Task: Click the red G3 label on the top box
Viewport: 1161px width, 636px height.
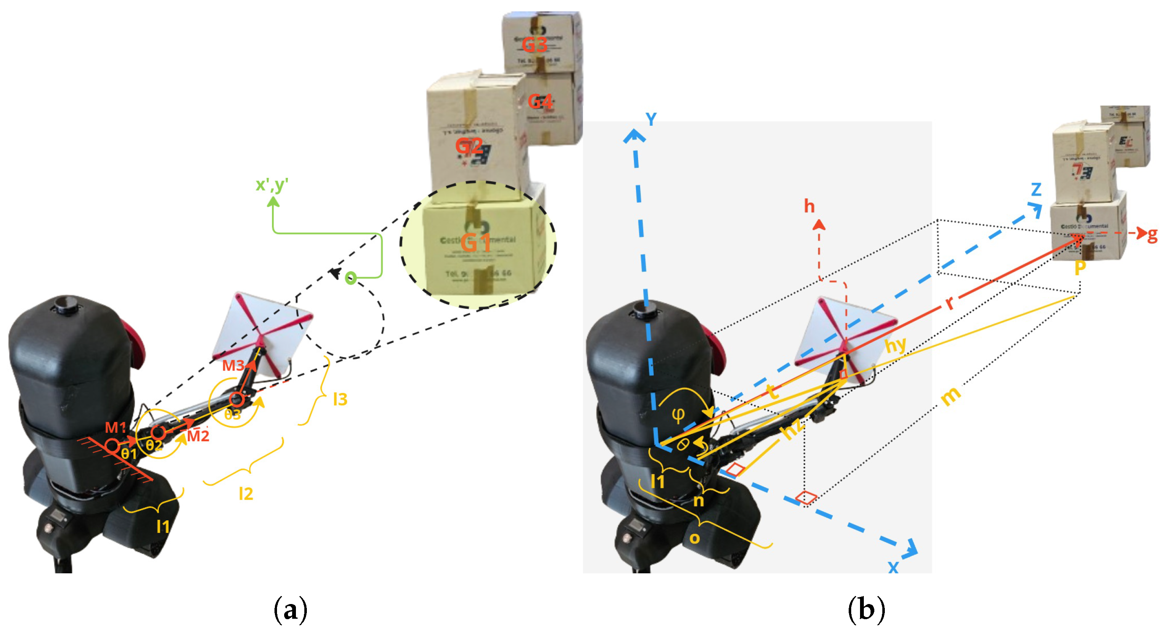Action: [x=535, y=45]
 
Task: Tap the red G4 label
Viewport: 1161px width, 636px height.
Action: [x=540, y=101]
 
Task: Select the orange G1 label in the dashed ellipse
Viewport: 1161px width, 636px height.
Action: [x=475, y=243]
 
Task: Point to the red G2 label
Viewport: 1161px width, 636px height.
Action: [x=469, y=146]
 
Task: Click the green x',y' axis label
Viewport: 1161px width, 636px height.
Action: [x=272, y=185]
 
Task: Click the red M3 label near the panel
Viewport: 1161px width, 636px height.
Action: [x=233, y=366]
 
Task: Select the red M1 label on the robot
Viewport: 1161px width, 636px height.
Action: [x=115, y=427]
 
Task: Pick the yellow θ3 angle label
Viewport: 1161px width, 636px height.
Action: [x=232, y=414]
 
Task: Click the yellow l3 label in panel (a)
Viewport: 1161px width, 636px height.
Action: [x=340, y=399]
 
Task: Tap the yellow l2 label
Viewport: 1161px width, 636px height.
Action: [x=245, y=494]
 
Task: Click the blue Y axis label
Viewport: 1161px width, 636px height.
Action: [x=651, y=119]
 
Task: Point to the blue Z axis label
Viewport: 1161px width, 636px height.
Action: [x=1036, y=189]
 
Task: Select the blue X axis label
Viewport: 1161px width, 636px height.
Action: [x=893, y=567]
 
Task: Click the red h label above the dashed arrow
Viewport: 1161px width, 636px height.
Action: [x=810, y=207]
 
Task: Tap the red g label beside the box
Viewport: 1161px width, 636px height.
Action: [x=1153, y=235]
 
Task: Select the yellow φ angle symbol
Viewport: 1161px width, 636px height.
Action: [x=678, y=414]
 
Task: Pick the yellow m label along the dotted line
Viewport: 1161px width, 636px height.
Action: [x=951, y=397]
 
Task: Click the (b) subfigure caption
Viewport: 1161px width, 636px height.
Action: [x=866, y=610]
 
